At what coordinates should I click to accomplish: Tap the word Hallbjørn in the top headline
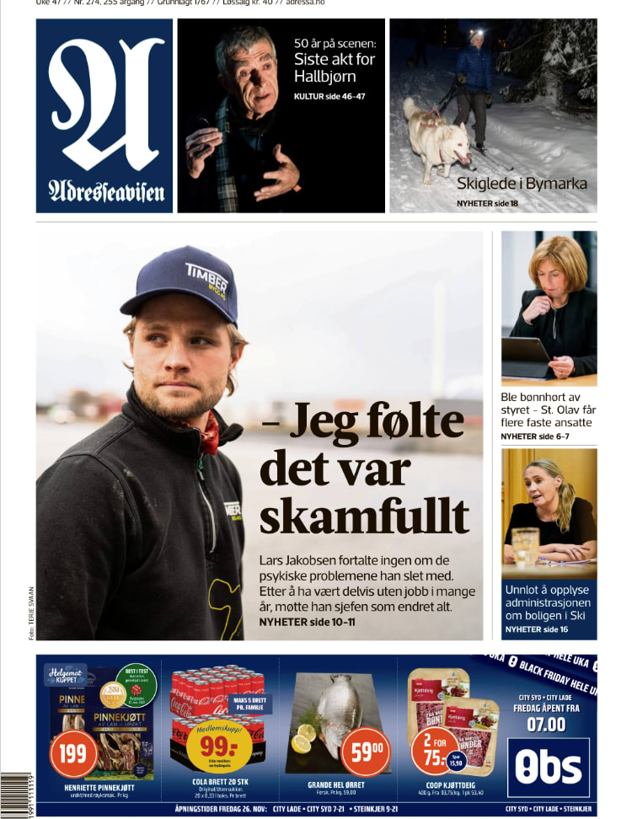point(324,77)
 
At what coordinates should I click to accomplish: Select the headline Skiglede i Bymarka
point(522,184)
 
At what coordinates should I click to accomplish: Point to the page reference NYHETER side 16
point(536,629)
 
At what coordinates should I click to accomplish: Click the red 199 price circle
point(73,752)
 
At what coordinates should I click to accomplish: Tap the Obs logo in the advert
point(549,767)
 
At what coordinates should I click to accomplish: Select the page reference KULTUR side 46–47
point(329,97)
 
